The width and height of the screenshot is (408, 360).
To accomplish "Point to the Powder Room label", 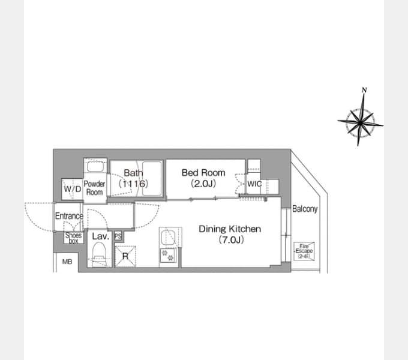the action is (x=94, y=188).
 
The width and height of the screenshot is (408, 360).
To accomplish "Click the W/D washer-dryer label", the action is (x=73, y=189).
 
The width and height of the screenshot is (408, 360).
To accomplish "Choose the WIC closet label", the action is (x=254, y=184).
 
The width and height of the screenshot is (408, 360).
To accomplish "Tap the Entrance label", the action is (x=69, y=216).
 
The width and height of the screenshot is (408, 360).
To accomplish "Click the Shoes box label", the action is (x=74, y=238).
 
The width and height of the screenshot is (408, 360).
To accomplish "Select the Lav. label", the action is (x=100, y=236).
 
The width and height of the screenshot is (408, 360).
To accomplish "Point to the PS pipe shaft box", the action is (x=118, y=236).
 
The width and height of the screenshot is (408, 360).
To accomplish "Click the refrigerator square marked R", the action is (x=125, y=256).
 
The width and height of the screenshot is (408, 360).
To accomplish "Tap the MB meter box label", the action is (x=67, y=262).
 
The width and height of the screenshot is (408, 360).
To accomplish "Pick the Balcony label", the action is (x=305, y=209).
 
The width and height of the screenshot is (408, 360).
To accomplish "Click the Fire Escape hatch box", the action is (x=304, y=251).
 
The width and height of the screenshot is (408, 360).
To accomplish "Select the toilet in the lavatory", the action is (x=99, y=254).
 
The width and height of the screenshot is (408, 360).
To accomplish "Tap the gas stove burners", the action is (x=168, y=255).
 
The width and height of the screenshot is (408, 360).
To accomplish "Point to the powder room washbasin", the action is (x=95, y=166).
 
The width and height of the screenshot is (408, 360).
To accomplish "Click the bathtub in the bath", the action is (x=152, y=178).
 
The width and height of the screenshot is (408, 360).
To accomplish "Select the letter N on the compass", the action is (x=364, y=90).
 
